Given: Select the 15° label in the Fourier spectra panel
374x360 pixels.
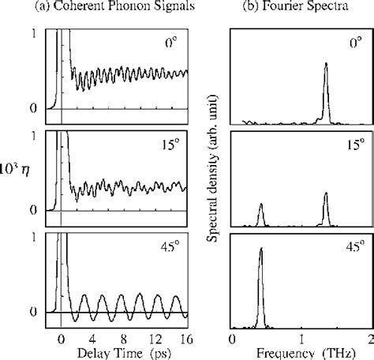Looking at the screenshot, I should click(x=353, y=147).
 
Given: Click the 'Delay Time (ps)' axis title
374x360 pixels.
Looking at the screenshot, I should click(x=117, y=351).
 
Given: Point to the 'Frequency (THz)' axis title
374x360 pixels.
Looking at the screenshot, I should click(x=301, y=351).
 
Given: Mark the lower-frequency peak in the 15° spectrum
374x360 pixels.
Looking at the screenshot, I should click(x=261, y=208).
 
